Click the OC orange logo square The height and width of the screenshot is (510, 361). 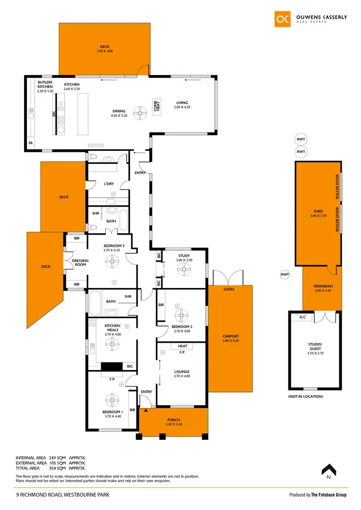tap(282, 19)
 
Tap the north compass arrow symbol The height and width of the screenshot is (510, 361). tap(328, 470)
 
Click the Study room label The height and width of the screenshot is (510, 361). tap(183, 256)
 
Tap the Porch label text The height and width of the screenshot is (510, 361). tap(173, 420)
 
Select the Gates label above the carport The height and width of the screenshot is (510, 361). tap(229, 290)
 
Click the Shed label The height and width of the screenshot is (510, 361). tap(318, 211)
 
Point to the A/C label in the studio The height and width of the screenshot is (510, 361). tap(302, 318)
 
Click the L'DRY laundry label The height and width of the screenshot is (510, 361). tap(109, 184)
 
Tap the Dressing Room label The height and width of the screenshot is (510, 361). tap(79, 262)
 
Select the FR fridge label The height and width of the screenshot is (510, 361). tap(31, 144)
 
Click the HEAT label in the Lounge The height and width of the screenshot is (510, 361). tap(182, 346)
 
